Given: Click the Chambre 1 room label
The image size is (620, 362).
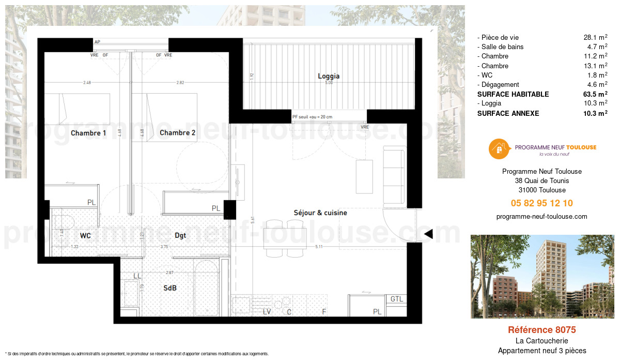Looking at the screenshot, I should (88, 133).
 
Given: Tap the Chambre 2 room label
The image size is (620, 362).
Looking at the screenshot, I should (177, 133).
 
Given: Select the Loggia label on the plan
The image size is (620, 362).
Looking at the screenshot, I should (329, 76).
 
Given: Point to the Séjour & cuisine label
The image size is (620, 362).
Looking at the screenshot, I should (320, 213).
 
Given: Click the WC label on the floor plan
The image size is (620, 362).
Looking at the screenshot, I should (86, 236).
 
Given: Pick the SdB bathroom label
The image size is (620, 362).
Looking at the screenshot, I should (170, 288).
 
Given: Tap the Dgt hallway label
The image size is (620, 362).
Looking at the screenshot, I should (180, 236).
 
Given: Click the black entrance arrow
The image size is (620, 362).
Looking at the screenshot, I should (428, 235).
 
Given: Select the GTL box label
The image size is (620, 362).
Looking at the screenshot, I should (397, 299).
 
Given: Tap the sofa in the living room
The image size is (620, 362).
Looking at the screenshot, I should (395, 176).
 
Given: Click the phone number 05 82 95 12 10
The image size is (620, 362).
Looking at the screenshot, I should (541, 203).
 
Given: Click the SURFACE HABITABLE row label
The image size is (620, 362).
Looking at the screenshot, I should (513, 94).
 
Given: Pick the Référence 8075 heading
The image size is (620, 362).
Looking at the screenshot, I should (541, 329).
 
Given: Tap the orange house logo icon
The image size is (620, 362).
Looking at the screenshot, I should (499, 149).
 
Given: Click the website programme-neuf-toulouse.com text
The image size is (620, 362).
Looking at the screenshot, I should (541, 217).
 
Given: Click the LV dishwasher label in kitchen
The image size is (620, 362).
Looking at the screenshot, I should (267, 312).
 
